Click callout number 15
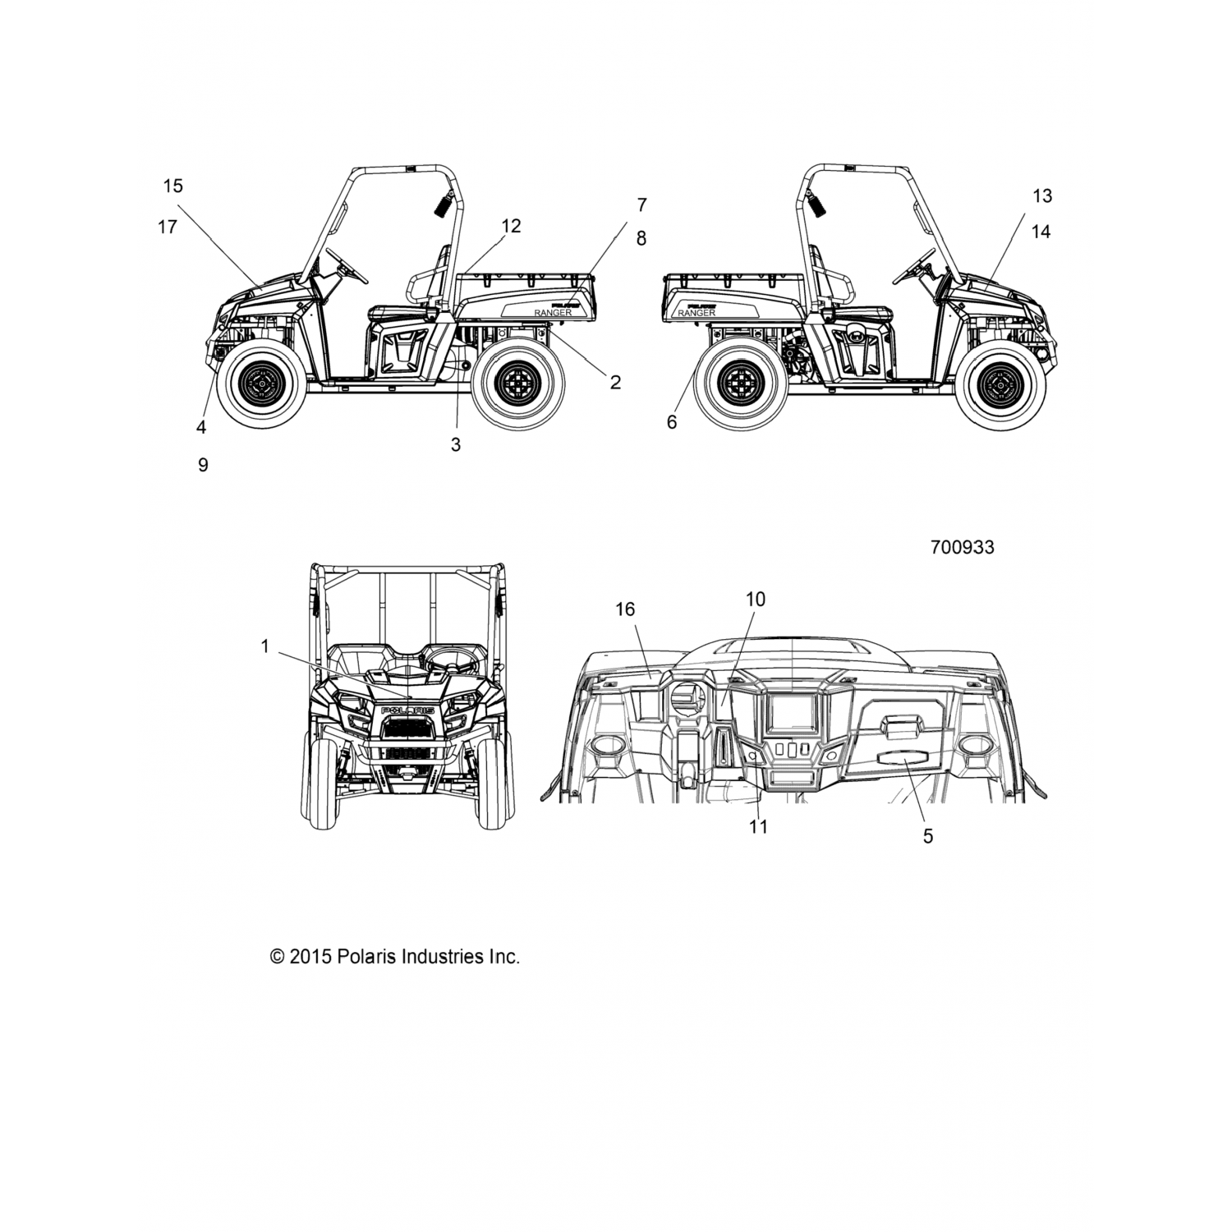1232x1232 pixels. [x=172, y=186]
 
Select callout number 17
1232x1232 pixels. [x=168, y=227]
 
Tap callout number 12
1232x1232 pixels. [x=511, y=226]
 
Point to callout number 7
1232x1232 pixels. [x=641, y=205]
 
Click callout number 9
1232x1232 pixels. [x=203, y=465]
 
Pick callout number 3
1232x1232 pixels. [x=456, y=445]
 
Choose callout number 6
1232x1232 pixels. [x=672, y=422]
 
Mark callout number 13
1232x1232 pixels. [x=1041, y=196]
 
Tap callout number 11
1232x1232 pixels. [x=758, y=826]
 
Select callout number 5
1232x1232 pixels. [x=928, y=836]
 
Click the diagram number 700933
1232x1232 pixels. [x=962, y=547]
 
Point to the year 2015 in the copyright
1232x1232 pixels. [x=310, y=957]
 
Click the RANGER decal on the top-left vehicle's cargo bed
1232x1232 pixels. [x=552, y=313]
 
